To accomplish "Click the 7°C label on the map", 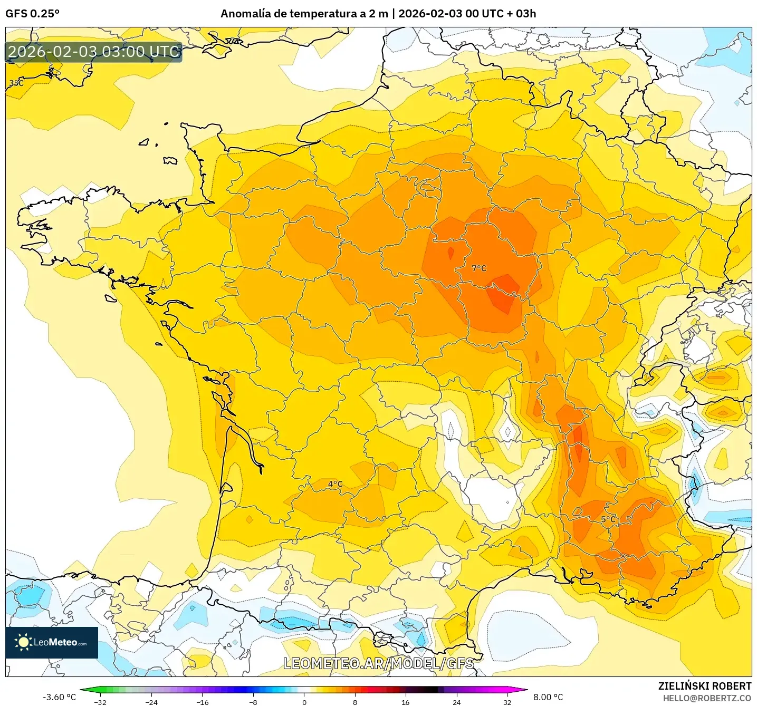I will [x=479, y=268].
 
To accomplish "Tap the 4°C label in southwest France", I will [x=335, y=484].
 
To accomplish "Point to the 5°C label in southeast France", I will [x=608, y=519].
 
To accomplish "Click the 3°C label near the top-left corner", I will [x=16, y=83].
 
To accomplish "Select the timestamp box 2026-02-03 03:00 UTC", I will [x=94, y=52].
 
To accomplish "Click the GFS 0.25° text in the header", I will [x=32, y=14].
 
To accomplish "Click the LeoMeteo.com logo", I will [x=52, y=642].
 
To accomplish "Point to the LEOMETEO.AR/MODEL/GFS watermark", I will [x=378, y=663].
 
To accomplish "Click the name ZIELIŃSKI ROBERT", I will [x=704, y=686].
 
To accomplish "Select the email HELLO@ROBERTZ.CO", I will [x=707, y=698].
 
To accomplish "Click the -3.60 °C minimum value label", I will [x=59, y=697].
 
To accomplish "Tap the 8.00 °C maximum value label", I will [x=548, y=697].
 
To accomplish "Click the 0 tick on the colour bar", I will [x=304, y=702].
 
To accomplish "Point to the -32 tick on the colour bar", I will [x=100, y=702].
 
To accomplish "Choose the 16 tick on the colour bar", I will [x=405, y=702].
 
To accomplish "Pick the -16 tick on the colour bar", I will [x=202, y=702].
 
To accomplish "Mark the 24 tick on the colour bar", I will [x=456, y=702].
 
